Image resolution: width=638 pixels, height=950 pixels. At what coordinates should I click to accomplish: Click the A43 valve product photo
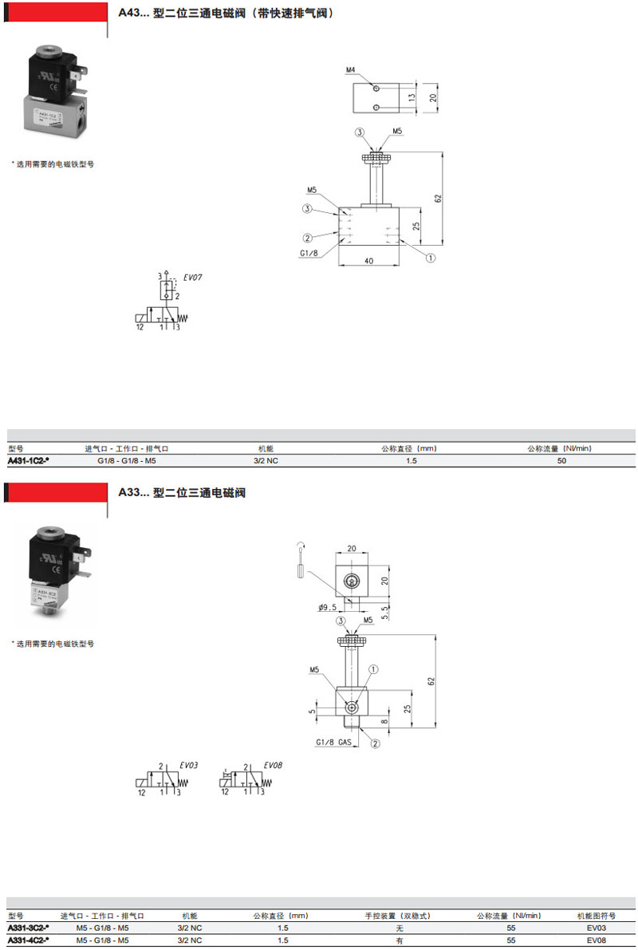(53, 94)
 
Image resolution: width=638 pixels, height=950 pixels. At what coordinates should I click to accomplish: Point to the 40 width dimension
(368, 261)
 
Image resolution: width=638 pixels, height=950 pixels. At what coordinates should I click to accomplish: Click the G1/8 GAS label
(333, 743)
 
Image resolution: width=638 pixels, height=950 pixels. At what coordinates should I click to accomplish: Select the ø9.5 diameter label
(327, 608)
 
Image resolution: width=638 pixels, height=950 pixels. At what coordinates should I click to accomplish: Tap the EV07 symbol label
(194, 278)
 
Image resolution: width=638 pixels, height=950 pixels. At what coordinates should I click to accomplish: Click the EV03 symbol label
(188, 765)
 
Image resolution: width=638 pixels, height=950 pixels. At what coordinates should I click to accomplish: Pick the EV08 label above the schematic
(273, 765)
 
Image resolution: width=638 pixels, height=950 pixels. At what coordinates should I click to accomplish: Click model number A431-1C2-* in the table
(29, 461)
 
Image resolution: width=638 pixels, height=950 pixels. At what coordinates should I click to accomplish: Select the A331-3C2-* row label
(29, 928)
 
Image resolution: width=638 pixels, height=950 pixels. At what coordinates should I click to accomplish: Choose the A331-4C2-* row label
(29, 940)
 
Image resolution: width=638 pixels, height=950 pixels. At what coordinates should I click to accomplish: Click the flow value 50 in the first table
(561, 461)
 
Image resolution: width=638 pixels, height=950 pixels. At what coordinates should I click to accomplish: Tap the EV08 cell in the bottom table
(597, 940)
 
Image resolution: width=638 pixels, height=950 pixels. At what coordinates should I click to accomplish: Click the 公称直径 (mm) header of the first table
(409, 448)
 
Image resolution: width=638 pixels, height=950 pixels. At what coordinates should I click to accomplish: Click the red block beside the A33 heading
(56, 492)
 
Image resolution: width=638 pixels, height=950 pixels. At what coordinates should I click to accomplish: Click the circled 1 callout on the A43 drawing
(429, 258)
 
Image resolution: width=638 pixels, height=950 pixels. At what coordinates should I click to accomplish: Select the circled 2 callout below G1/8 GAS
(375, 743)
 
